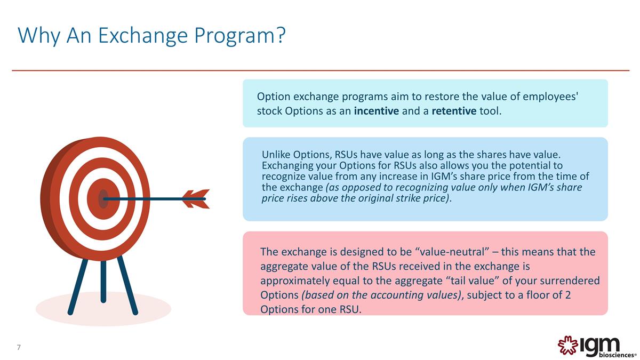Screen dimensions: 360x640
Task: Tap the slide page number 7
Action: (x=19, y=348)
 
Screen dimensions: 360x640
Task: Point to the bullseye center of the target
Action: (x=103, y=198)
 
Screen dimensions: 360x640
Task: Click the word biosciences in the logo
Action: (x=615, y=354)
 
